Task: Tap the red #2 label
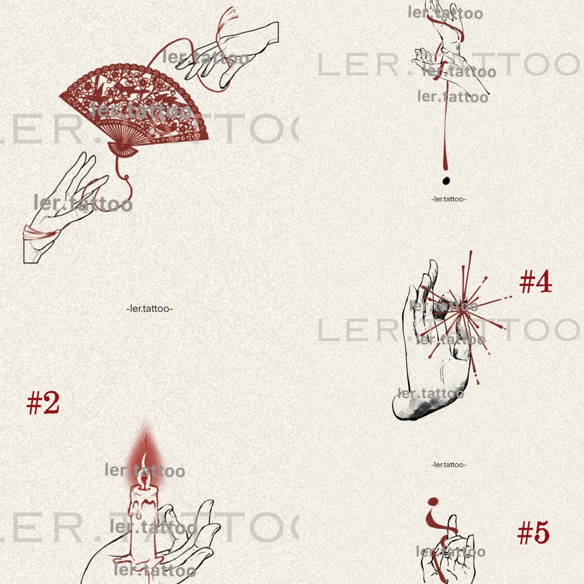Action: [43, 403]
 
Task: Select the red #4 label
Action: [535, 281]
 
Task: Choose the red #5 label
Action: [533, 532]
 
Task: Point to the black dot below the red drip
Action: [446, 181]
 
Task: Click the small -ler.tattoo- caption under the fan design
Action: [149, 309]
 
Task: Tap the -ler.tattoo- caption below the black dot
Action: [448, 199]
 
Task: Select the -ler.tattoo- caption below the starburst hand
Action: [448, 465]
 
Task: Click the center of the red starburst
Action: [463, 312]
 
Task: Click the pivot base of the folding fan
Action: [123, 149]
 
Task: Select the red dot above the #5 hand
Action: [433, 502]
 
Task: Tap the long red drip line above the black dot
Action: [446, 123]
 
